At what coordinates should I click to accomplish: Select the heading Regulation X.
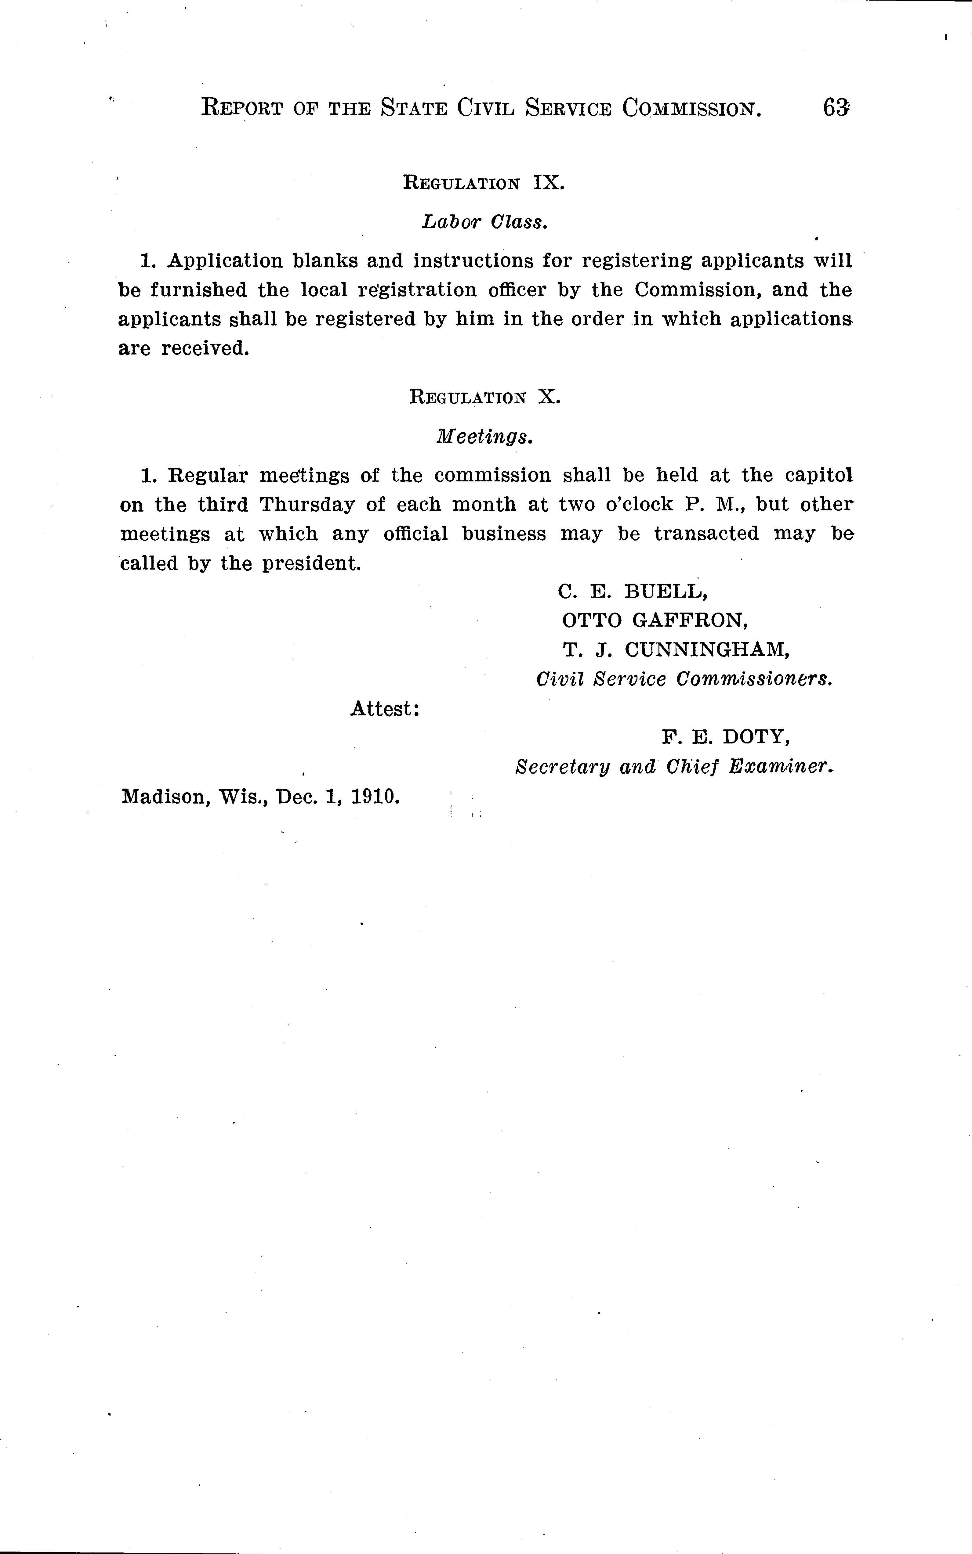(x=485, y=398)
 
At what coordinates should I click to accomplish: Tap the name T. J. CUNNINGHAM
(x=676, y=650)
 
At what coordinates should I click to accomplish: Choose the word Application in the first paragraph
(x=225, y=261)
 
